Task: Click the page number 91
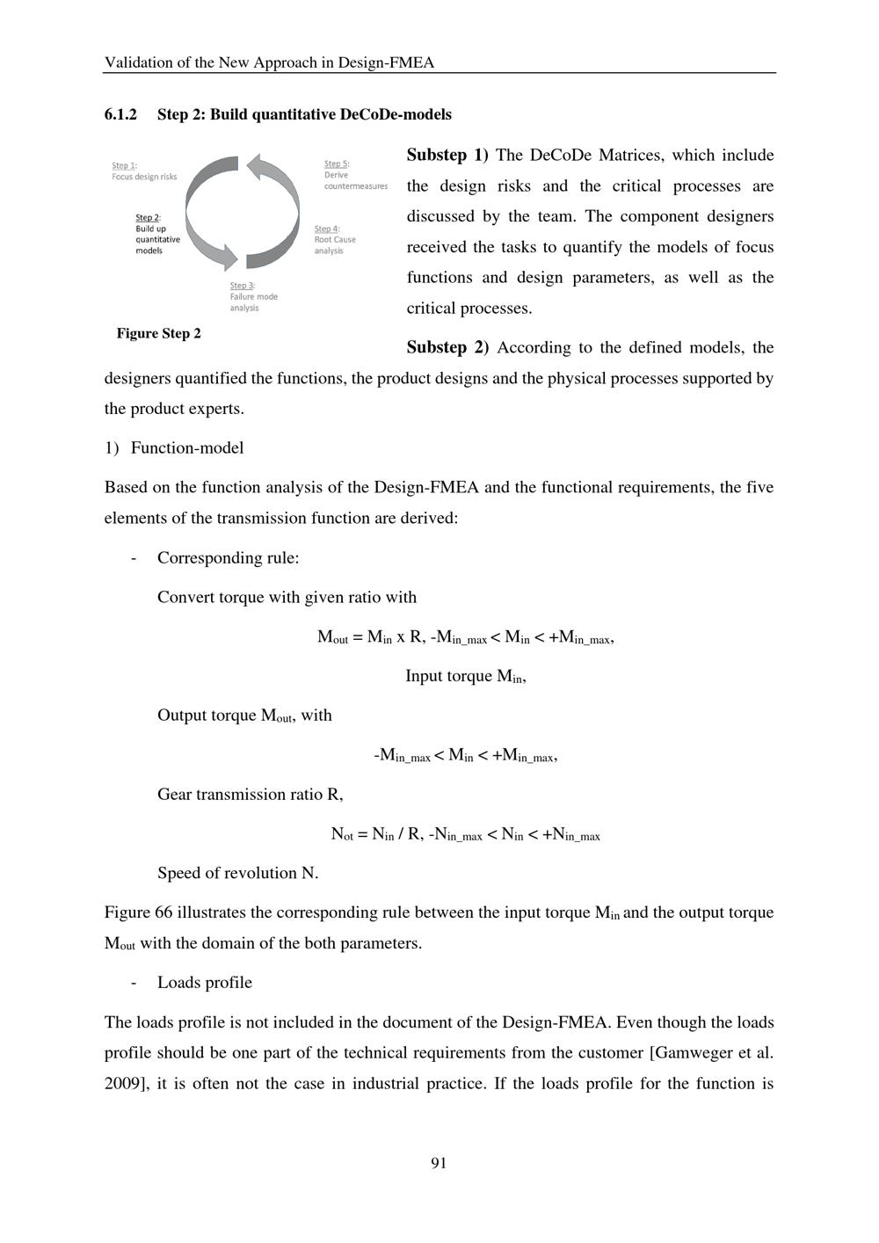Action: tap(439, 1163)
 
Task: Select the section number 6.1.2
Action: tap(120, 114)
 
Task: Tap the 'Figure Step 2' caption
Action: tap(159, 333)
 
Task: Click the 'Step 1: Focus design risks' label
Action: tap(144, 171)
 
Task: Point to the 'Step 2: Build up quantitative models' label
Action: tap(157, 234)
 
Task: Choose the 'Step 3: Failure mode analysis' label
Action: tap(253, 296)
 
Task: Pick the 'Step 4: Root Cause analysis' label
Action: tap(335, 240)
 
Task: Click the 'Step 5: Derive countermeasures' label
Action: tap(355, 175)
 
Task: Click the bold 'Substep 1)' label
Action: tap(447, 156)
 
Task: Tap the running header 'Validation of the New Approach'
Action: tap(269, 62)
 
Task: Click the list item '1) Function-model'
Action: tap(174, 447)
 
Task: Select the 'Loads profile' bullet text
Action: tap(204, 982)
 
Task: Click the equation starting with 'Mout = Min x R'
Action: tap(465, 637)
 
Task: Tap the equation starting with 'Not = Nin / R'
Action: tap(465, 834)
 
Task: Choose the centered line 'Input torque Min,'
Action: tap(465, 676)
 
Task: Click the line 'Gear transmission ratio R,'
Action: tap(250, 794)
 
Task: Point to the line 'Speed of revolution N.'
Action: tap(237, 873)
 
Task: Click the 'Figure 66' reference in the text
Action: tap(138, 912)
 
